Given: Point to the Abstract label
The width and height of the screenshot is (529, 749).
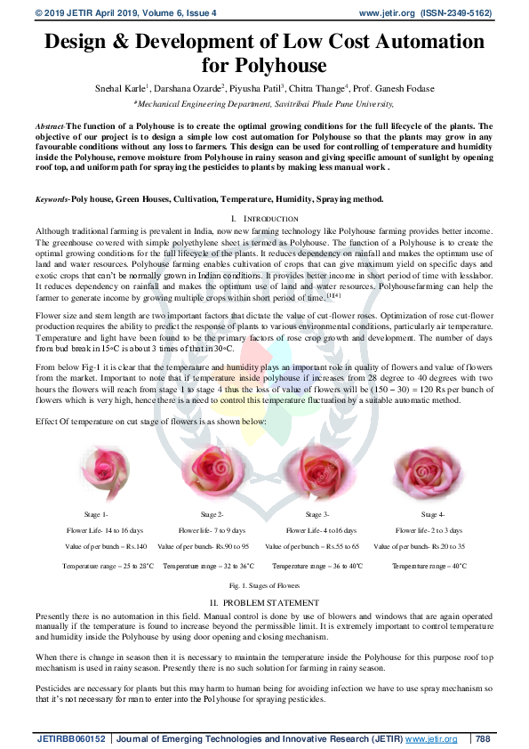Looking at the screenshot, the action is pos(50,127).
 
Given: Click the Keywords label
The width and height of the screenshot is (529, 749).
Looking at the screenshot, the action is pos(52,199).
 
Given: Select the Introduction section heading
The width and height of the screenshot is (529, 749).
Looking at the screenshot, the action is pos(264,218).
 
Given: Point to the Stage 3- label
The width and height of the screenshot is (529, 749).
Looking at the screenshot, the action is pos(317,515).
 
